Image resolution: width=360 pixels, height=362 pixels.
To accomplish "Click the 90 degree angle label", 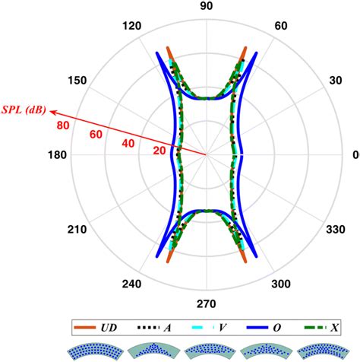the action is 207,6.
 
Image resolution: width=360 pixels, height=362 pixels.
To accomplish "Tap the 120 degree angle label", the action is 131,26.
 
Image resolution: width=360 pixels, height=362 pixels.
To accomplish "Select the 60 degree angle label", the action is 281,26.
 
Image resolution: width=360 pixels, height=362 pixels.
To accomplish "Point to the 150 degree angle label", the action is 77,81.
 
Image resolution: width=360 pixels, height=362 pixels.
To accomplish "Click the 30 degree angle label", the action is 336,81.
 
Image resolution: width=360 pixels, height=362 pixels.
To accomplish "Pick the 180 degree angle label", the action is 57,154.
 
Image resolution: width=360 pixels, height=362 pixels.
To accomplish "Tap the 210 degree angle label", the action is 77,230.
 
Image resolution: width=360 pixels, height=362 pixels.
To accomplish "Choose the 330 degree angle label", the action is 336,230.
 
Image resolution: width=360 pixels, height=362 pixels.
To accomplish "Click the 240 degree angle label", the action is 131,284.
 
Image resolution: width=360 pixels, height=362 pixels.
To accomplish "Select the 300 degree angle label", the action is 281,284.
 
